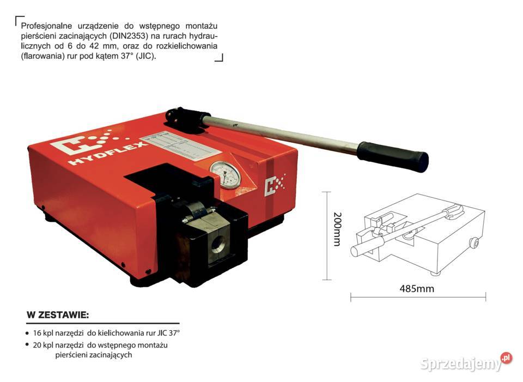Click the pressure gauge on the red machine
tap(226, 175)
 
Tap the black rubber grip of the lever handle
tap(393, 156)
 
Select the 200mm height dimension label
tap(337, 229)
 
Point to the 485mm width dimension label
tap(417, 288)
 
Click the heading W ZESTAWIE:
tap(58, 315)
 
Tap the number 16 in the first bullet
tap(37, 333)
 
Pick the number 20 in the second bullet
tap(37, 345)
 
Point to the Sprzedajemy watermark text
tap(461, 363)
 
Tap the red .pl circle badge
tap(506, 358)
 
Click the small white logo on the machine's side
tap(274, 185)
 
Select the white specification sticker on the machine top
tap(180, 147)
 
